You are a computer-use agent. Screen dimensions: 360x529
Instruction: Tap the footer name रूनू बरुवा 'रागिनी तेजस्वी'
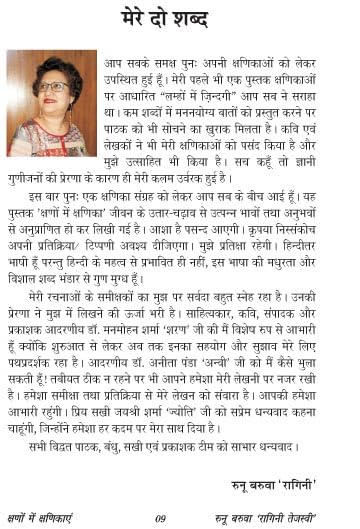(284, 517)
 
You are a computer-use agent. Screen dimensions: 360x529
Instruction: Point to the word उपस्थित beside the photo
(122, 77)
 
